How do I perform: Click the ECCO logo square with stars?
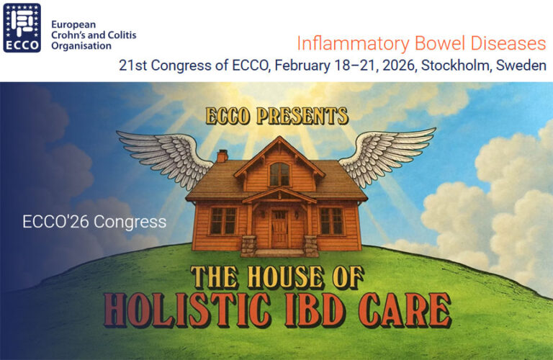click(22, 27)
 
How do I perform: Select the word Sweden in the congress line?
click(523, 66)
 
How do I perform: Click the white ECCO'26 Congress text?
click(94, 221)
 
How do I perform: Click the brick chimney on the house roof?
click(222, 156)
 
